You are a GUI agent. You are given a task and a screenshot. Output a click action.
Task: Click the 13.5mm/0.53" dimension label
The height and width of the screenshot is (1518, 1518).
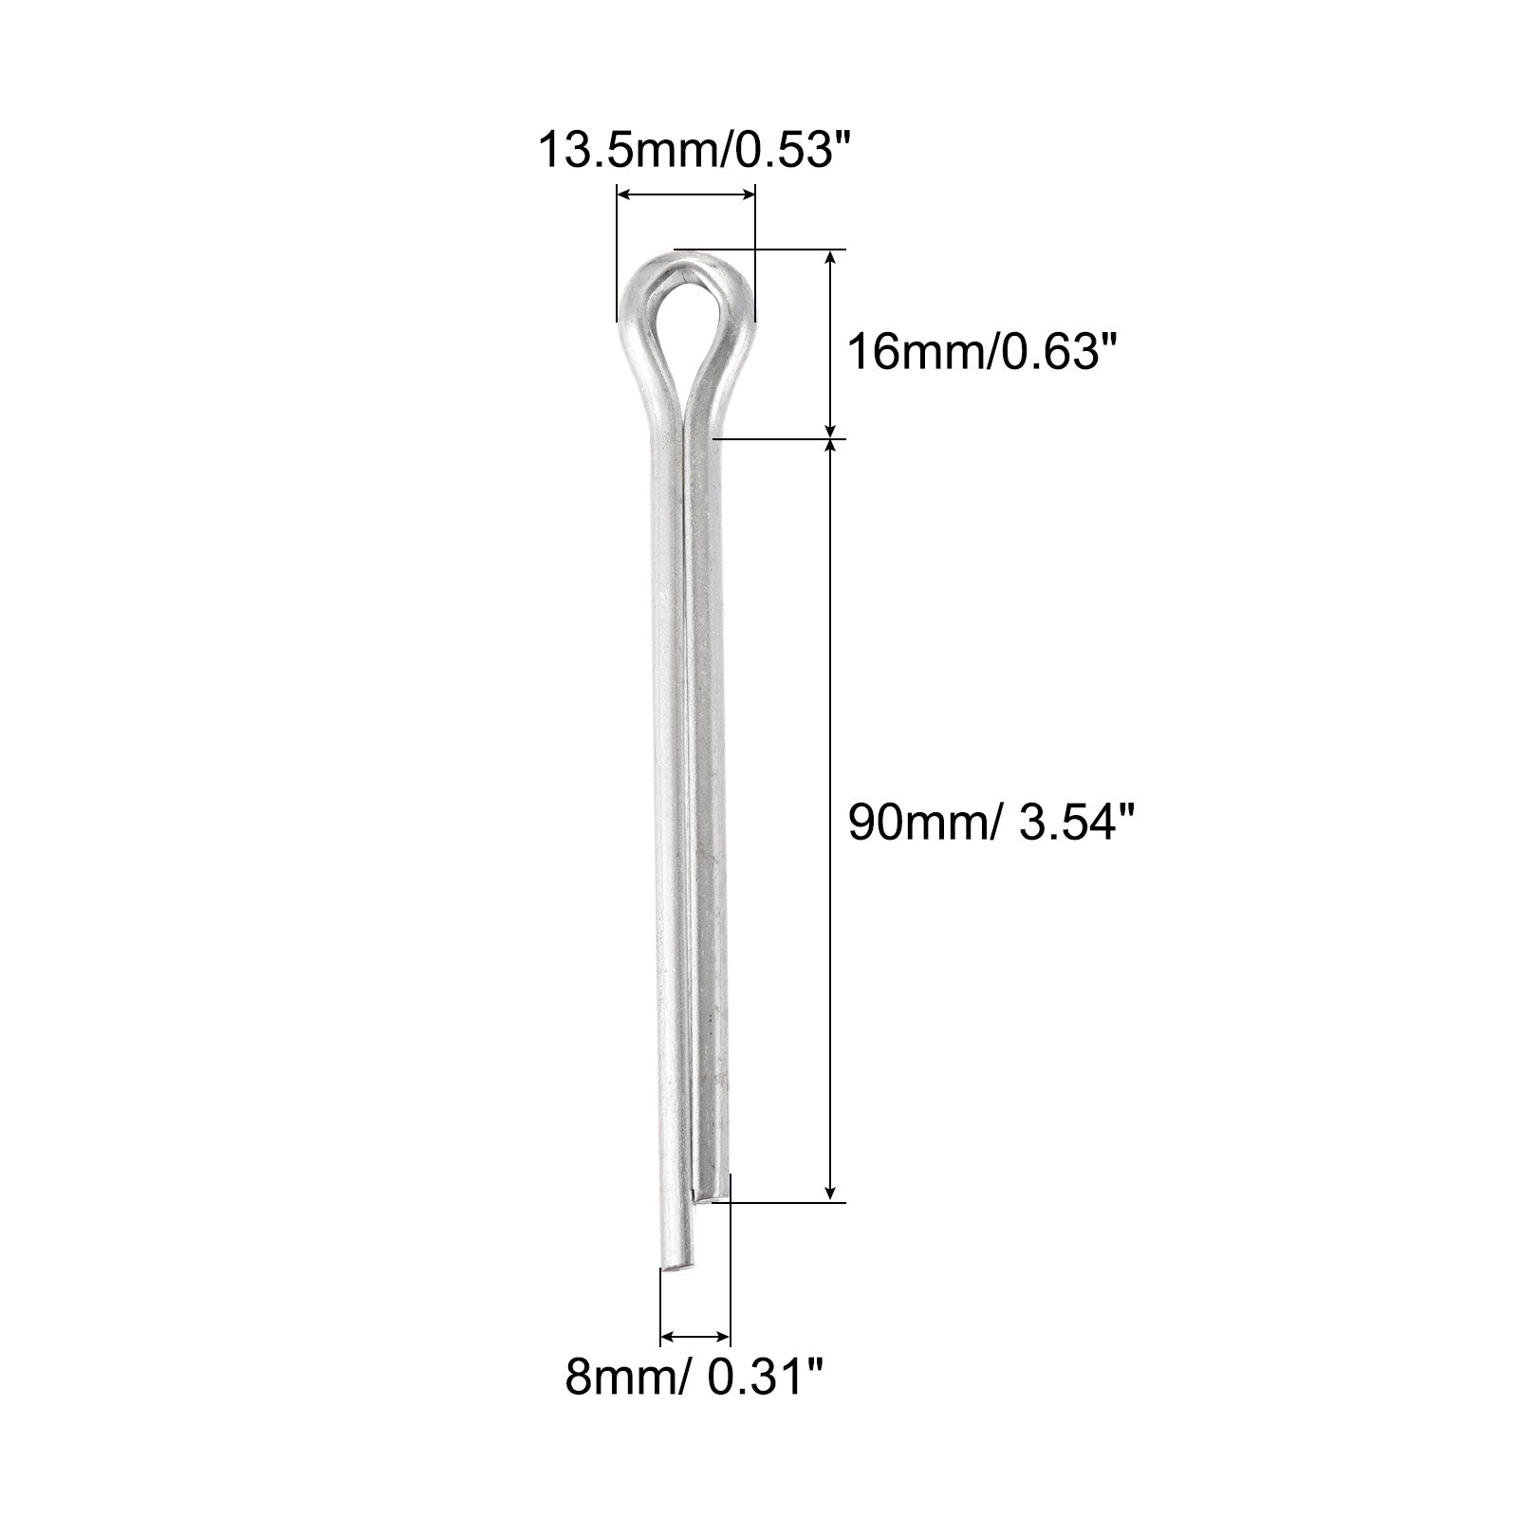pyautogui.click(x=690, y=151)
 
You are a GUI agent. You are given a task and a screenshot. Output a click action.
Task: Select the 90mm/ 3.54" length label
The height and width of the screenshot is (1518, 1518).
pyautogui.click(x=990, y=822)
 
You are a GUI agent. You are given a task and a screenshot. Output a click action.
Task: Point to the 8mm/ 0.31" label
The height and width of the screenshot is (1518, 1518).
pyautogui.click(x=694, y=1377)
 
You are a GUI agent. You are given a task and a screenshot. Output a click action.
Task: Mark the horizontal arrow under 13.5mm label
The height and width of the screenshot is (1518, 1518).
pyautogui.click(x=686, y=194)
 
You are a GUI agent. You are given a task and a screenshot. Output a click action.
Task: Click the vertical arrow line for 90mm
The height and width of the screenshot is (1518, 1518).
pyautogui.click(x=832, y=822)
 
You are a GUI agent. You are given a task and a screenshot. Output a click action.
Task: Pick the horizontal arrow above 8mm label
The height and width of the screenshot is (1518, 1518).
pyautogui.click(x=694, y=1337)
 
